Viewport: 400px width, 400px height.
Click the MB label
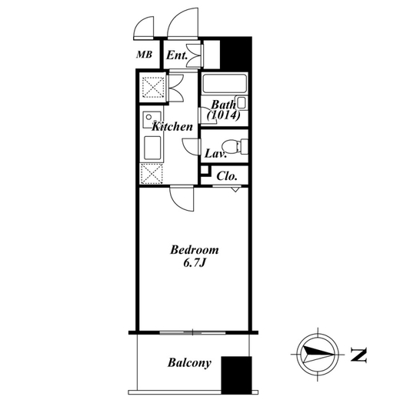pos(145,55)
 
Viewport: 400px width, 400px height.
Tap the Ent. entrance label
pos(177,55)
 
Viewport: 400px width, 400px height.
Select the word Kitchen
pos(172,127)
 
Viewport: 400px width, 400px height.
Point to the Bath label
pos(223,105)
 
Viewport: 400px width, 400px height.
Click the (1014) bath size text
pos(224,115)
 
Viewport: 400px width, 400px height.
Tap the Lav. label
pos(215,154)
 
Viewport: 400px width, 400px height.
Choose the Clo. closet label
pos(227,176)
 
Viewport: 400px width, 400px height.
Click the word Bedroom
pos(195,250)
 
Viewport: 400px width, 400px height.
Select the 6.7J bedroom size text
pos(195,263)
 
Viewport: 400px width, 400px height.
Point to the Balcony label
pos(189,363)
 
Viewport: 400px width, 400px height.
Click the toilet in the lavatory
pos(235,147)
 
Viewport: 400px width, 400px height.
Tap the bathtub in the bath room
pos(225,83)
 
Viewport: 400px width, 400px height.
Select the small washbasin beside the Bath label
pos(242,103)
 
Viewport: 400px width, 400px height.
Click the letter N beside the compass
pos(358,355)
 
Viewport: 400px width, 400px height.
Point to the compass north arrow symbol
pos(318,355)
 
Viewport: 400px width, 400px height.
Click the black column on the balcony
pos(236,375)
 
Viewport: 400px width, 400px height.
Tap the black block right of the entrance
pos(236,53)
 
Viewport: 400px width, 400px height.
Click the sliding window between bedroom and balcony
pos(192,333)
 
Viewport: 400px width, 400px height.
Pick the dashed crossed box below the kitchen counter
pos(152,174)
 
